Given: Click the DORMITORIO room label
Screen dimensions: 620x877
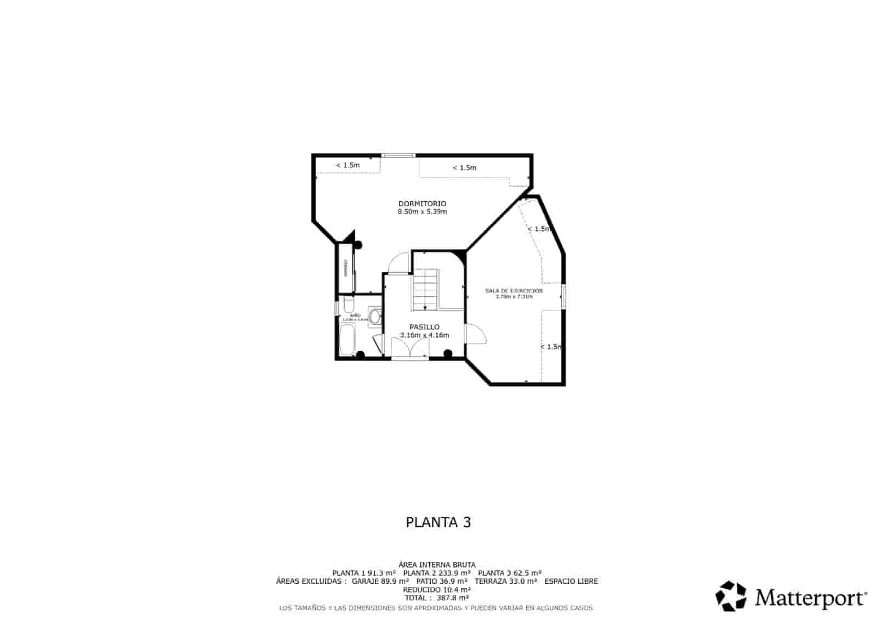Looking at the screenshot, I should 422,204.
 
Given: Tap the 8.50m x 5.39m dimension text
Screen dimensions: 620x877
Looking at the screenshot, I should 422,212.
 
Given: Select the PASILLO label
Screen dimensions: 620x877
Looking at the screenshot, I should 424,327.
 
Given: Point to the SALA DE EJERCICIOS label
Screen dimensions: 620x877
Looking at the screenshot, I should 514,290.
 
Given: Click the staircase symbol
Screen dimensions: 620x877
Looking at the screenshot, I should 426,289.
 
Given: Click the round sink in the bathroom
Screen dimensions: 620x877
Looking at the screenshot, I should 375,317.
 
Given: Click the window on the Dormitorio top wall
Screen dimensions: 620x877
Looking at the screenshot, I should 398,156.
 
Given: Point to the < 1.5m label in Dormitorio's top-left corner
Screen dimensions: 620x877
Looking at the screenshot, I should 348,165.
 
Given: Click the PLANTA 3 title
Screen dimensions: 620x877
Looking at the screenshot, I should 438,522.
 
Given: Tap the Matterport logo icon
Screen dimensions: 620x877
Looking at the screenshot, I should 731,596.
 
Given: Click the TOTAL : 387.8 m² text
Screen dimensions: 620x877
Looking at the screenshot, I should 437,598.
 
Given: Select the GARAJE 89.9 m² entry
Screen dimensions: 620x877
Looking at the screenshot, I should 380,581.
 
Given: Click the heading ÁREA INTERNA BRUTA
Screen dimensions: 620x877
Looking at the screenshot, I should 437,565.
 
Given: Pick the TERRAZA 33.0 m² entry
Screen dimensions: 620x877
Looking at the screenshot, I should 505,581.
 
